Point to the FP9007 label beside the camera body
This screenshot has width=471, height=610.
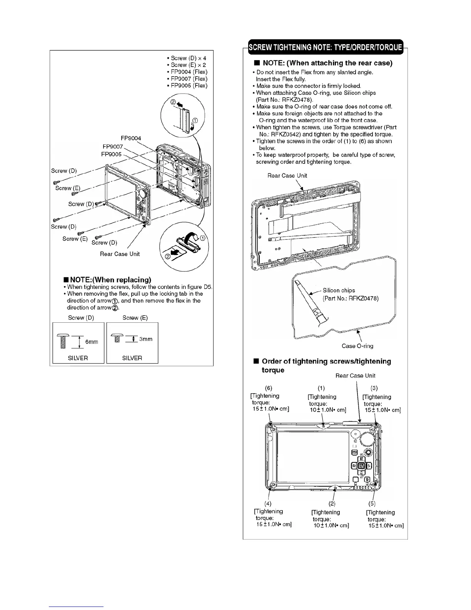click(113, 147)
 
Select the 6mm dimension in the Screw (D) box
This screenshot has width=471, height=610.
click(91, 342)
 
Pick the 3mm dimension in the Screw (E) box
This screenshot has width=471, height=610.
click(146, 339)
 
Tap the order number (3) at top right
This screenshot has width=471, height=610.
click(374, 388)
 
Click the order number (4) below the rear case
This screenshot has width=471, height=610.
click(268, 503)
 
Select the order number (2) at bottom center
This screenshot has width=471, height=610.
click(332, 503)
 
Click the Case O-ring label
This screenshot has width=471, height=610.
click(357, 346)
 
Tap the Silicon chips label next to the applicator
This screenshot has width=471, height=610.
click(339, 290)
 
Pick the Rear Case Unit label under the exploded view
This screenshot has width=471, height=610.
click(120, 254)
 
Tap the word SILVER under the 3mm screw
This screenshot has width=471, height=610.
click(132, 358)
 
